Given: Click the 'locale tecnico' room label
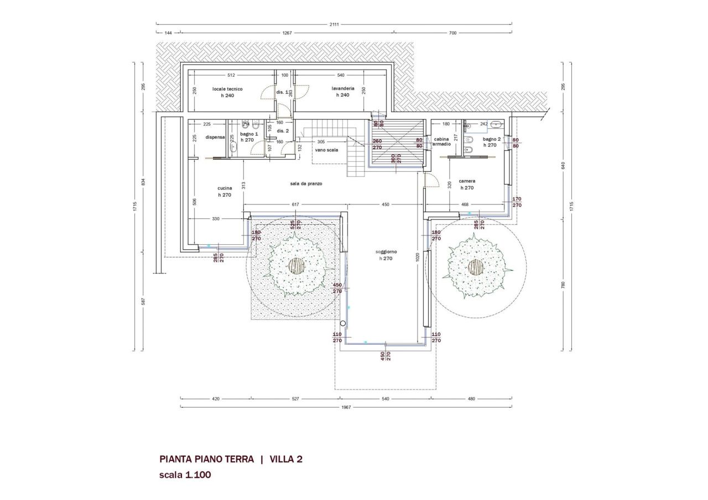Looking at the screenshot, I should coord(227,88).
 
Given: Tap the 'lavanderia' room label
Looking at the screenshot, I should coord(342,88).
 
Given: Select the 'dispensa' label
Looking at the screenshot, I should coord(215,137).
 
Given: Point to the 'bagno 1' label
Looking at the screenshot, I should coord(249,134).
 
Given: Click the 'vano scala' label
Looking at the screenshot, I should coord(326,150).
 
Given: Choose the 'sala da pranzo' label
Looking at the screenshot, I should coord(305,183).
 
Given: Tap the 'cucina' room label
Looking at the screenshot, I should coord(224,188).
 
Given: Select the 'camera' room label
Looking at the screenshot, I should coord(467,181).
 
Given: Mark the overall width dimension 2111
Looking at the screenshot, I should coord(334,24).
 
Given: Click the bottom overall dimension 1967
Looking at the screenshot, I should coord(345,408).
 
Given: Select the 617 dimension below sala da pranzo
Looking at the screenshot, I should coord(295,204).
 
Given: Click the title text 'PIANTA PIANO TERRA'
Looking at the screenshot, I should coord(207,459).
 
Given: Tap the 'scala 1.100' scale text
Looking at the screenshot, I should coord(185,475).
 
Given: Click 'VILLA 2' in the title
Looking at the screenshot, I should coord(286,459).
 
